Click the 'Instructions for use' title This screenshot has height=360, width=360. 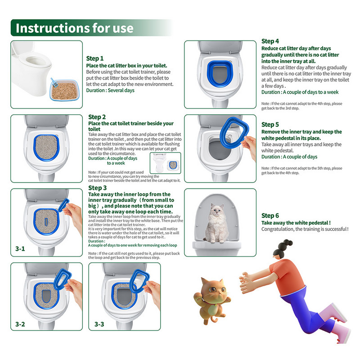[75, 28]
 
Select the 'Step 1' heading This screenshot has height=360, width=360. [95, 58]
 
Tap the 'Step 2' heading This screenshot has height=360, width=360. [98, 117]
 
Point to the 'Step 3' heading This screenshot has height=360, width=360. [98, 188]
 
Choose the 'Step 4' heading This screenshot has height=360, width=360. [270, 41]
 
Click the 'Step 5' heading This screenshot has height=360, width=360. [270, 124]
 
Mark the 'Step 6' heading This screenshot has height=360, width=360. [270, 216]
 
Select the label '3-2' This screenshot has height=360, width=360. [20, 324]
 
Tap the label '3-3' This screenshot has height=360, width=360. [99, 324]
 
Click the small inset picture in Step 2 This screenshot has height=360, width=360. [165, 163]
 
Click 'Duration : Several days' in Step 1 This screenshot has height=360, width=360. [110, 90]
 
